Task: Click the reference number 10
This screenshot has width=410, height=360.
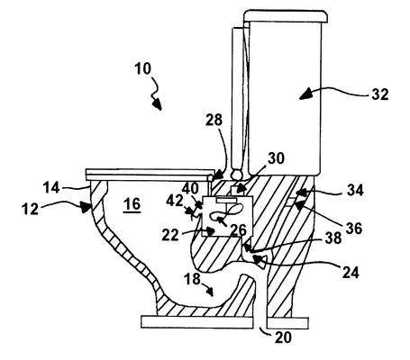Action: click(x=142, y=68)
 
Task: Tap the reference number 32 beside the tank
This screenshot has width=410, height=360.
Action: click(x=380, y=94)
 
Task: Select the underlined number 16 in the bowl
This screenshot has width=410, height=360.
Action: click(x=132, y=204)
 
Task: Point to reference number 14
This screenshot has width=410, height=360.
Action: click(x=51, y=188)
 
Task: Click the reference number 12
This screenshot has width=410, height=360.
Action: click(x=31, y=209)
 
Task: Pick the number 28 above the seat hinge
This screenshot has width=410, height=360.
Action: click(x=214, y=120)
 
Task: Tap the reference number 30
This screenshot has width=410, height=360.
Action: click(x=276, y=158)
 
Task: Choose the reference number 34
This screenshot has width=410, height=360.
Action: click(x=355, y=190)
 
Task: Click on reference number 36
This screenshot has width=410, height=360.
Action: click(x=354, y=228)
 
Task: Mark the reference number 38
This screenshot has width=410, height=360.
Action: click(x=333, y=238)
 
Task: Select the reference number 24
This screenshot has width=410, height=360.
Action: click(x=351, y=273)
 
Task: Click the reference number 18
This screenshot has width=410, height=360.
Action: click(x=192, y=279)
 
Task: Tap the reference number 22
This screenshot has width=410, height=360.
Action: click(x=170, y=235)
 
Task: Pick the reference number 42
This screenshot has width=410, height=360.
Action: click(x=175, y=201)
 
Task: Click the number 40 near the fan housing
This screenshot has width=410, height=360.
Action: click(x=190, y=188)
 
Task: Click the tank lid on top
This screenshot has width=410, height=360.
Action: click(x=286, y=15)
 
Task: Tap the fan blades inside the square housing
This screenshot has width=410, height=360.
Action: click(x=227, y=213)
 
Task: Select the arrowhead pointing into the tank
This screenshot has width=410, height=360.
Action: click(x=305, y=94)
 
